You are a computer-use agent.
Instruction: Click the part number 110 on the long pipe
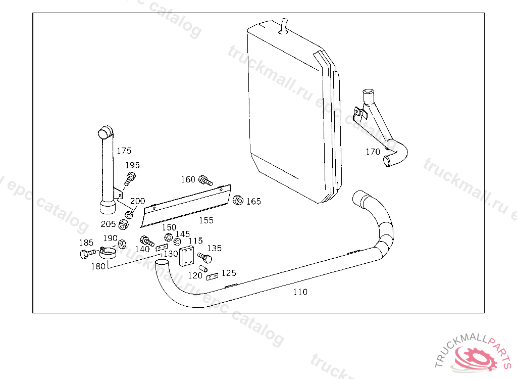pos(300,292)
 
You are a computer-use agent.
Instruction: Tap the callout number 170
pos(373,151)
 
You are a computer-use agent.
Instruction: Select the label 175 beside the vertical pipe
pos(124,151)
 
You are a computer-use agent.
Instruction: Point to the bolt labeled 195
pos(130,178)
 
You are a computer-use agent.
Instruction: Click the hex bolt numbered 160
pos(204,180)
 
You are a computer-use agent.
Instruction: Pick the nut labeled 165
pos(238,200)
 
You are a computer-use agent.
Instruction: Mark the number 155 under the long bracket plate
pos(206,220)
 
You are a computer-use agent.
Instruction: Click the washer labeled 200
pos(129,214)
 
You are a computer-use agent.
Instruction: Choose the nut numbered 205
pos(123,224)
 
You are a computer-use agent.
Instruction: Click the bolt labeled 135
pos(205,257)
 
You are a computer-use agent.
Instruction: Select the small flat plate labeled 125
pos(212,277)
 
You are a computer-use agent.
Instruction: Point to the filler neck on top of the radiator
pos(284,25)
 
